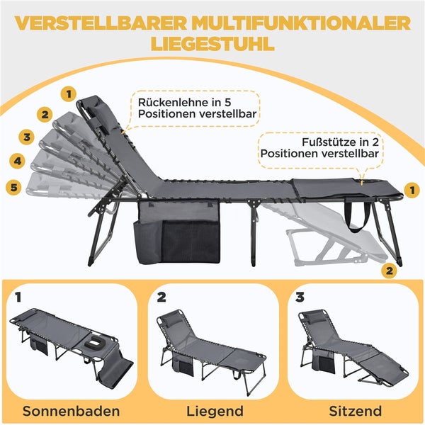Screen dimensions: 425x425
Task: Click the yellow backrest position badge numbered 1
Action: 69,92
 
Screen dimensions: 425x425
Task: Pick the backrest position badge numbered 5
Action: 12,188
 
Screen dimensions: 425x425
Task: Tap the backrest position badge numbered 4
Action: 17,161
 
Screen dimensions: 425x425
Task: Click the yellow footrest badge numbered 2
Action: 387,270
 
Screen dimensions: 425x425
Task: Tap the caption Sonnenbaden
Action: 69,410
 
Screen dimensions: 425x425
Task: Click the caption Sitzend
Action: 354,410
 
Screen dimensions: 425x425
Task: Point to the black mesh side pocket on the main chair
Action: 191,242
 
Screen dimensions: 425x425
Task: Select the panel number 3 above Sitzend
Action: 300,297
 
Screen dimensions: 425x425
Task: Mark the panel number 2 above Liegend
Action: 161,297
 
